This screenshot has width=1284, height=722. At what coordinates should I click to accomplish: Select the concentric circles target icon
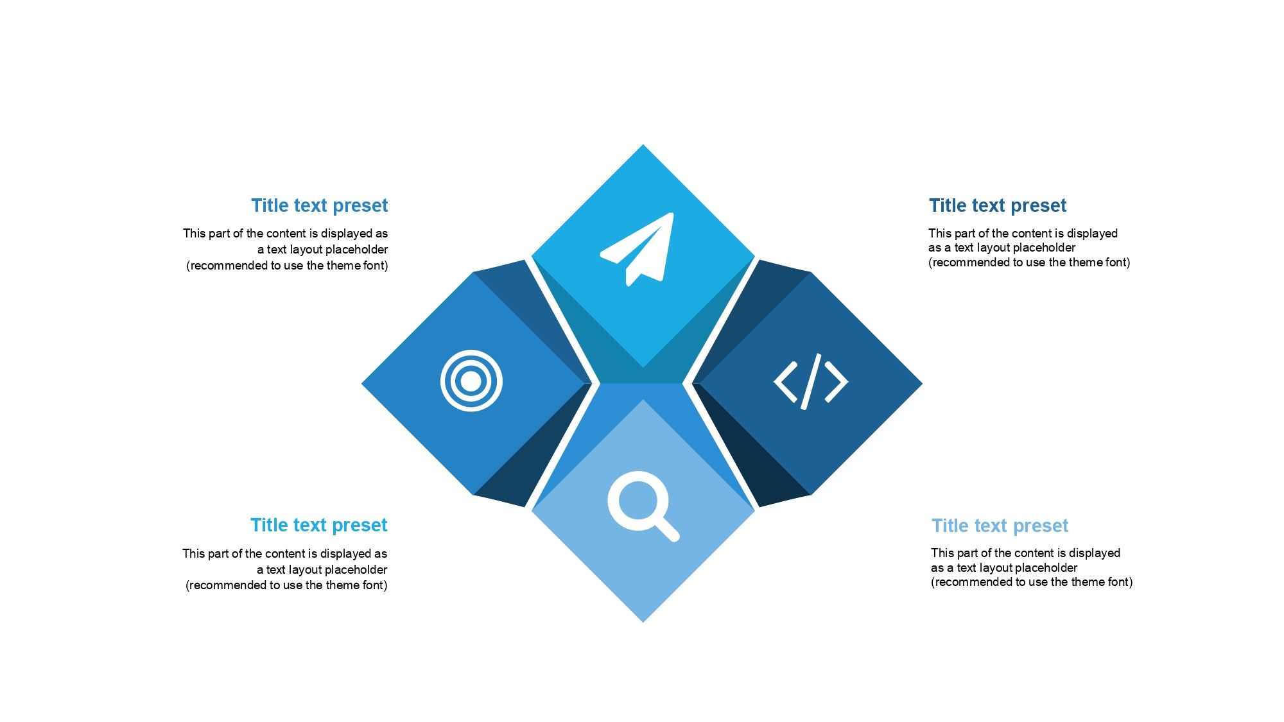pyautogui.click(x=471, y=381)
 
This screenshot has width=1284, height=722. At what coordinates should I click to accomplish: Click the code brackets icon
pyautogui.click(x=811, y=382)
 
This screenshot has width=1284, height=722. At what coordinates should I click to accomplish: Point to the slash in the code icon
pyautogui.click(x=811, y=382)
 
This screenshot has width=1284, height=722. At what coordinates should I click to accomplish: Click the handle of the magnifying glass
pyautogui.click(x=667, y=529)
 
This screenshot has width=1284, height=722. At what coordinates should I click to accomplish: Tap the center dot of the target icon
pyautogui.click(x=471, y=381)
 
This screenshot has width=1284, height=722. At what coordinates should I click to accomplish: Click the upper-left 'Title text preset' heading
pyautogui.click(x=320, y=205)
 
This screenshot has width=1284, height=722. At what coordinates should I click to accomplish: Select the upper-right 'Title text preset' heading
pyautogui.click(x=998, y=205)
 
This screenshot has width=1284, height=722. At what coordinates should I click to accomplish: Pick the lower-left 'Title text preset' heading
pyautogui.click(x=319, y=525)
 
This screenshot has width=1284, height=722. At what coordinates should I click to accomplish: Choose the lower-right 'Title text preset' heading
pyautogui.click(x=1000, y=526)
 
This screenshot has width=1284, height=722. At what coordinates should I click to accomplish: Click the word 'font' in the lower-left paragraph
pyautogui.click(x=373, y=585)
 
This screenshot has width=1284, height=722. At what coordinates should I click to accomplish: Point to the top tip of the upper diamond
pyautogui.click(x=643, y=144)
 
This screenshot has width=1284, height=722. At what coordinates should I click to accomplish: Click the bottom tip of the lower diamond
pyautogui.click(x=643, y=622)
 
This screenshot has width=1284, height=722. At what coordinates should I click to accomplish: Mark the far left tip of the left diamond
pyautogui.click(x=361, y=384)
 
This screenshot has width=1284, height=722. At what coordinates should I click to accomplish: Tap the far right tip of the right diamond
pyautogui.click(x=923, y=384)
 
